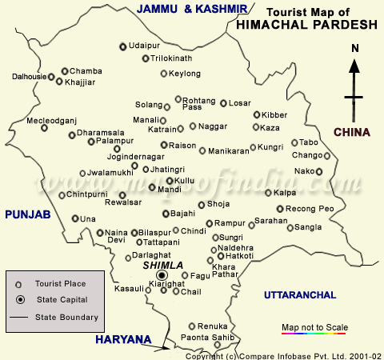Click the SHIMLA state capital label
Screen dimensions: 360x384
tap(163, 265)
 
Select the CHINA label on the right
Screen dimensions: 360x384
tap(352, 131)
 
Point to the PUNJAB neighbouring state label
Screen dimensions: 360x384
tap(27, 214)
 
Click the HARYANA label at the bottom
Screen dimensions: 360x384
tap(123, 340)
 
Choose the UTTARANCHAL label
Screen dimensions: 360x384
tap(300, 295)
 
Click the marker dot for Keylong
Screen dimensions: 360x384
tap(164, 74)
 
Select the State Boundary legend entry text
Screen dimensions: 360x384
tap(66, 318)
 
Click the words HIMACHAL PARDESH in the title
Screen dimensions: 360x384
tap(307, 25)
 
